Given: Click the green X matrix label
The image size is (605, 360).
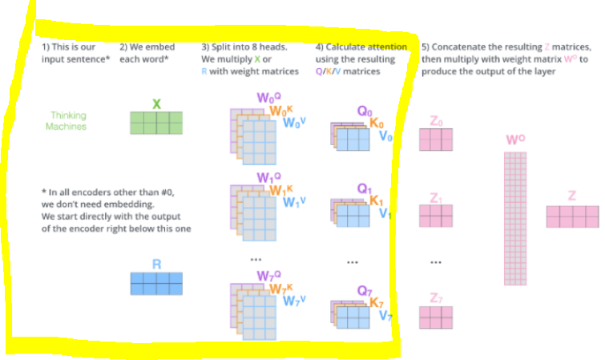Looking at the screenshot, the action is [156, 103].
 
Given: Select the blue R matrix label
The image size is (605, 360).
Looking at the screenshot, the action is [156, 263].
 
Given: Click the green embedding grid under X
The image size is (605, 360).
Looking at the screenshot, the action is [156, 123].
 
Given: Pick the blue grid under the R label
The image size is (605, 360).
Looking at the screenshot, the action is [156, 284].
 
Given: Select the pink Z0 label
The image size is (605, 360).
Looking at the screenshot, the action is [436, 121].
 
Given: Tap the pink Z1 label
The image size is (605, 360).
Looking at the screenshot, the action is [436, 197].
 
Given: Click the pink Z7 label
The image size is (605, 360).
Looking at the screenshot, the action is [436, 298].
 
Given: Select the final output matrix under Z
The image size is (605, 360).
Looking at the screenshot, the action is [572, 216].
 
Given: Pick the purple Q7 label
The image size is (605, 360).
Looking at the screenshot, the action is [365, 290].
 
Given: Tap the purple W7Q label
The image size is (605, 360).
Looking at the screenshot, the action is [267, 276].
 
